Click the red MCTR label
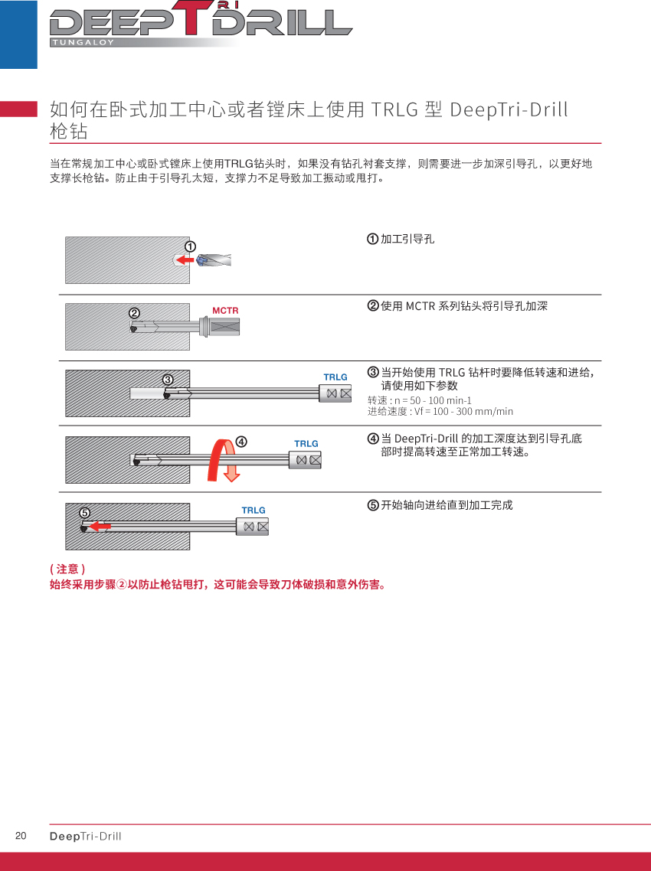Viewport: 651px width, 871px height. coord(225,311)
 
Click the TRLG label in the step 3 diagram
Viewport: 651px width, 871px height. coord(335,377)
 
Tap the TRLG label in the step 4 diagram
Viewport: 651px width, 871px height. coord(306,444)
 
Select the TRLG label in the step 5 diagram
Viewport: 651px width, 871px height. coord(254,511)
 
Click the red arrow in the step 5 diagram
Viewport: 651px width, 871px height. coord(100,526)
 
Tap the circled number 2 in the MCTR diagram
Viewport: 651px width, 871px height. coord(135,313)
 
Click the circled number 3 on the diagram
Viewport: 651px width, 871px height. coord(168,380)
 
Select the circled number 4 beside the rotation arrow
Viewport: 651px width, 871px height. coord(241,442)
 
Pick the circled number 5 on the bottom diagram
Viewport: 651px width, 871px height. coord(84,513)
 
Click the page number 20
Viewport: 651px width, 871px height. coord(21,836)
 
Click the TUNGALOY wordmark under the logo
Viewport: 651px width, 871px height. coord(83,42)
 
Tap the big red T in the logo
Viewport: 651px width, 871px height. coord(193,18)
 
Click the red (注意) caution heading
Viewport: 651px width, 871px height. coord(67,569)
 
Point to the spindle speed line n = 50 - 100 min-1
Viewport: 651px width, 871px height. coord(419,400)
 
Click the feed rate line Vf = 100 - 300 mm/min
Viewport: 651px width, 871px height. coord(440,412)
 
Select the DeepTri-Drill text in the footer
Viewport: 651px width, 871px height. coord(86,836)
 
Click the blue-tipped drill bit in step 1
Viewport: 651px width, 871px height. coord(214,260)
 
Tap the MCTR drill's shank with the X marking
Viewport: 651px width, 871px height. coord(224,327)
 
